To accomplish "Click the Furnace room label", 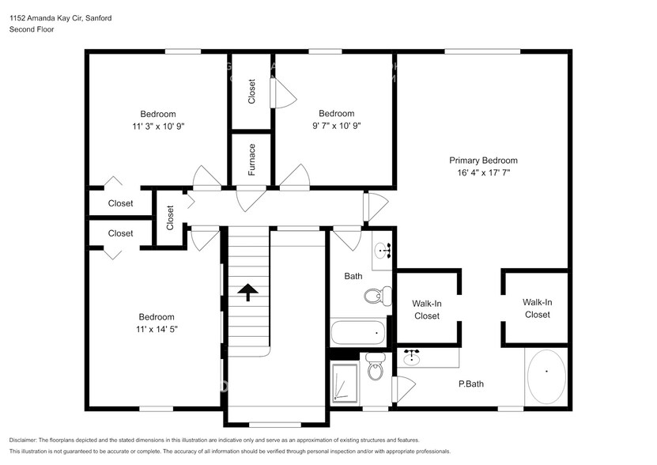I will (251, 160).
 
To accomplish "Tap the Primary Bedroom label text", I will (483, 160).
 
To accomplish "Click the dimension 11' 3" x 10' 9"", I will (158, 126).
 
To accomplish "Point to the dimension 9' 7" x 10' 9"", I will (336, 126).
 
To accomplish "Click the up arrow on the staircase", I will (249, 293).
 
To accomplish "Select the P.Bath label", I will (471, 384).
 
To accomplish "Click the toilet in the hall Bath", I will (376, 296).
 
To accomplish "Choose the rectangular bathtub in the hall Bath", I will (358, 333).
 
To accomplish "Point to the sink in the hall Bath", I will (381, 251).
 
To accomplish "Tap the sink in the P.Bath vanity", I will (411, 358).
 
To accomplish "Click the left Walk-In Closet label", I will (426, 309).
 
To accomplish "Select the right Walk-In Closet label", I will (537, 308).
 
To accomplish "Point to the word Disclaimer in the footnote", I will (27, 440).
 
